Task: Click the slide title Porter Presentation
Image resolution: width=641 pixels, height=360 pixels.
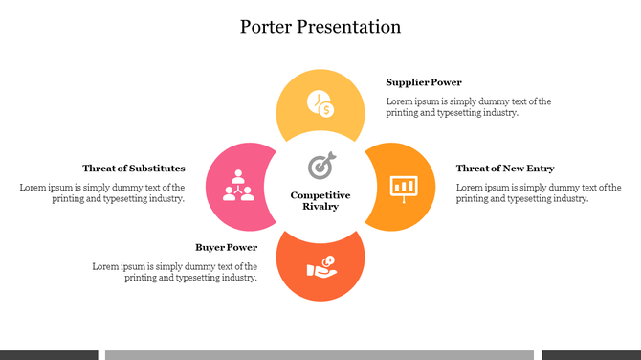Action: coord(320,27)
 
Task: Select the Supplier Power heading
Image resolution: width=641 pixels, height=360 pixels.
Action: coord(424,82)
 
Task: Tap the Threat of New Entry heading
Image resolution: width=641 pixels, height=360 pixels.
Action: coord(505,169)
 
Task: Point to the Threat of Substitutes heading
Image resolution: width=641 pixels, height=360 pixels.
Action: coord(134,169)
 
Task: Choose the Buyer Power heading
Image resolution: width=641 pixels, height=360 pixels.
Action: coord(226,247)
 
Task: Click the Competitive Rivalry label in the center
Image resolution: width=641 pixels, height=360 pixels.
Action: coord(320,200)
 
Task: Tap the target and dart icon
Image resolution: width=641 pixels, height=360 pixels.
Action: coord(320,167)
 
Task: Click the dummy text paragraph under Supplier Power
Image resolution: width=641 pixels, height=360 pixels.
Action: coord(468,106)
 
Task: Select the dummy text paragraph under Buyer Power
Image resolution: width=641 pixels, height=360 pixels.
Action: coord(175,272)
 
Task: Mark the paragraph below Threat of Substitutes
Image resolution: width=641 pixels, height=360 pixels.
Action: coord(102,192)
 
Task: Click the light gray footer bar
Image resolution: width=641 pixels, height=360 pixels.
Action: coord(320,354)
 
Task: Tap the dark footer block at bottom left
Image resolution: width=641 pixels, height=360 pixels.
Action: coord(48,354)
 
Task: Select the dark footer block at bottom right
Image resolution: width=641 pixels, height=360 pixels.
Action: coord(590,354)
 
